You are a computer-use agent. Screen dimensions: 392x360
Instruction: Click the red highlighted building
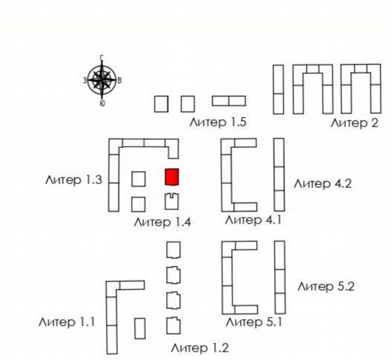(x=172, y=177)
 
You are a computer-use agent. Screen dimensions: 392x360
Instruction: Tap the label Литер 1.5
(x=218, y=122)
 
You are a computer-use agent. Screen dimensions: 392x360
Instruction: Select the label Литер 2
(x=354, y=123)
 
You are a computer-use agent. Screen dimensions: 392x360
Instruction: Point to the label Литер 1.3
(x=74, y=180)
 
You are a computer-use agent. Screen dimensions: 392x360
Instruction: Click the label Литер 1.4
(x=163, y=222)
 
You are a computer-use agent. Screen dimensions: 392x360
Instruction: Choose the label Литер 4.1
(x=253, y=220)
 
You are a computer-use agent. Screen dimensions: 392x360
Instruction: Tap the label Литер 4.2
(x=323, y=184)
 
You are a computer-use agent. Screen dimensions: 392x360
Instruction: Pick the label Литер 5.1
(x=254, y=322)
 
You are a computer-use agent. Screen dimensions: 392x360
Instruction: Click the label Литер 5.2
(x=326, y=286)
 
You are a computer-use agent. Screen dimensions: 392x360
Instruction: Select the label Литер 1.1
(x=67, y=322)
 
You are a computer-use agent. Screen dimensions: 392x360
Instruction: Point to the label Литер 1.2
(x=200, y=348)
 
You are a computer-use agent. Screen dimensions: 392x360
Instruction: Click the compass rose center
(x=102, y=80)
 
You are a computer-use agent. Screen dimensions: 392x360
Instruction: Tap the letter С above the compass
(x=102, y=58)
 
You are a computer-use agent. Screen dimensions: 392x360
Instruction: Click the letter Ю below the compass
(x=102, y=103)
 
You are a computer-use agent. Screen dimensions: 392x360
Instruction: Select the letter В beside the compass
(x=120, y=81)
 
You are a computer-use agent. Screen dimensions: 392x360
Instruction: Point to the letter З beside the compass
(x=85, y=81)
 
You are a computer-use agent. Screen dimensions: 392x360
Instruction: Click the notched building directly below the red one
(x=172, y=202)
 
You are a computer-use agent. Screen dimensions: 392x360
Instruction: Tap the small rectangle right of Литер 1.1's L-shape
(x=140, y=329)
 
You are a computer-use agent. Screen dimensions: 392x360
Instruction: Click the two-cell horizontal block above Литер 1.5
(x=229, y=101)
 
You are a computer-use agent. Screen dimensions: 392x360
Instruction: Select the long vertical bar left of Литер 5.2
(x=280, y=277)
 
